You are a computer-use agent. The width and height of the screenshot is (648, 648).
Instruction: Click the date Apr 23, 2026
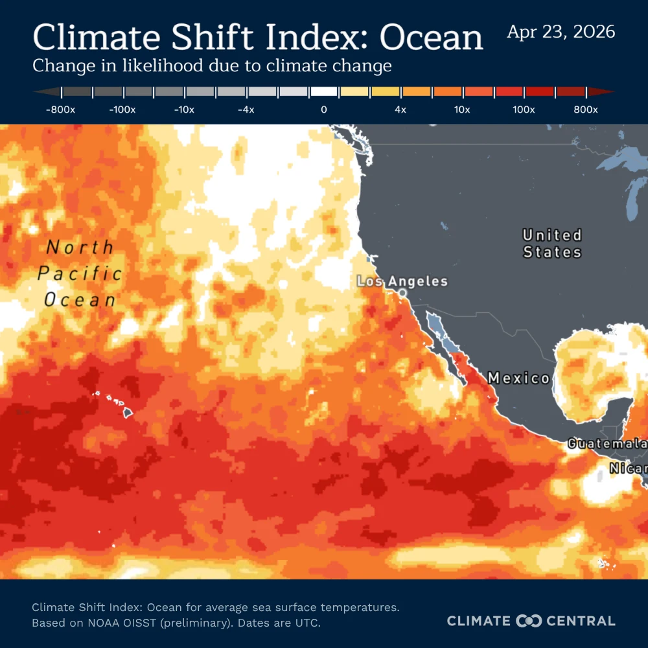(x=561, y=32)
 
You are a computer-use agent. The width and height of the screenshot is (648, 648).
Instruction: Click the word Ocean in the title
(x=431, y=38)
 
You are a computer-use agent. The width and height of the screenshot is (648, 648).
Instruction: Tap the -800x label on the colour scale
(x=60, y=110)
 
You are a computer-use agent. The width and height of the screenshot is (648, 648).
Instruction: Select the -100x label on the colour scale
(x=122, y=110)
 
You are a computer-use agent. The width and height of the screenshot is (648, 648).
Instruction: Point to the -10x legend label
(x=184, y=110)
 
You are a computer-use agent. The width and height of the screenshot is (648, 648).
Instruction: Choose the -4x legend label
(x=246, y=110)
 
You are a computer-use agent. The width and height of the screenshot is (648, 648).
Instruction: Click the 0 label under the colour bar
(x=323, y=110)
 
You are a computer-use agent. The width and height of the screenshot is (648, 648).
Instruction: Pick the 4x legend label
(x=400, y=110)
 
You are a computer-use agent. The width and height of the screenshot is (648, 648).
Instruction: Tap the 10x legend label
(x=461, y=110)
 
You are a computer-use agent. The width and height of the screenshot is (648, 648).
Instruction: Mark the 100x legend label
(x=524, y=110)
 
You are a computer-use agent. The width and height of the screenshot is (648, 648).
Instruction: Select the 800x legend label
(x=586, y=110)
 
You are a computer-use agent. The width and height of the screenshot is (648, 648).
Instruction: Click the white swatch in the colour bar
(x=323, y=92)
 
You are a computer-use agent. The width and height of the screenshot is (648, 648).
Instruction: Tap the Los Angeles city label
(x=402, y=281)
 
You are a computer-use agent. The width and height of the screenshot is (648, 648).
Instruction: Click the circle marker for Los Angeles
(x=402, y=294)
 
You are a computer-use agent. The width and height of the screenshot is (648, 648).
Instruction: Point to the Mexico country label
(x=518, y=378)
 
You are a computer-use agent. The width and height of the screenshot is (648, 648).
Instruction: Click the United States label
(x=552, y=243)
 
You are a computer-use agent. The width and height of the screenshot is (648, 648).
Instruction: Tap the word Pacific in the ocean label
(x=80, y=273)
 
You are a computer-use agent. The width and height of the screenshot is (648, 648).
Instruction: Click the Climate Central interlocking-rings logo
(x=528, y=621)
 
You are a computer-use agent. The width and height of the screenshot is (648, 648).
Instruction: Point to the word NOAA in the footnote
(x=89, y=623)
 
